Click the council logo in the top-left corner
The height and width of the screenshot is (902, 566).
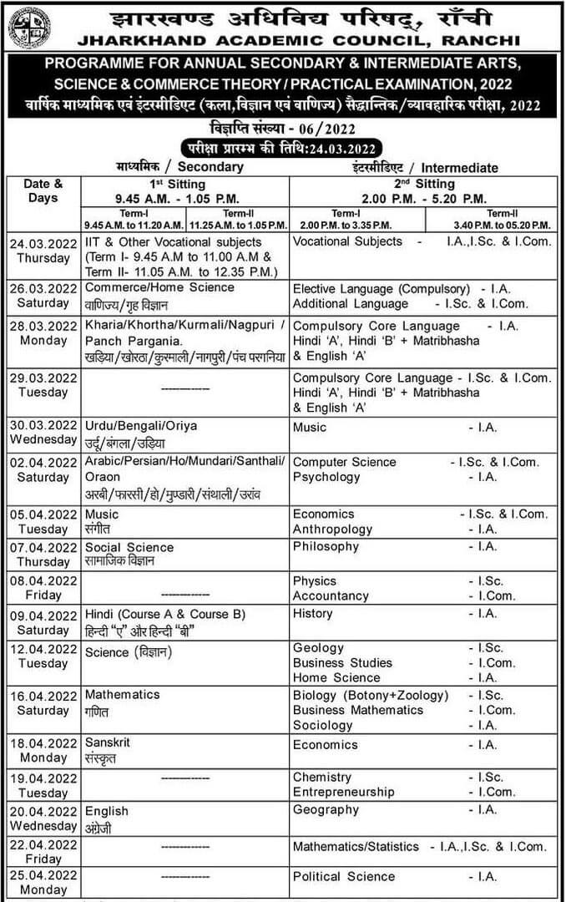(x=29, y=28)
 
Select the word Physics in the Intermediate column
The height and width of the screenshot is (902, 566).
(x=315, y=580)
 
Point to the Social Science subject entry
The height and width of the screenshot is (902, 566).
(x=129, y=548)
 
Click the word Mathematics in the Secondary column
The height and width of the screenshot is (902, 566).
(x=123, y=695)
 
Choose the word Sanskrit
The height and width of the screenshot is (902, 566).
(x=108, y=742)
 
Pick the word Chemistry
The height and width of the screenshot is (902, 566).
(x=322, y=777)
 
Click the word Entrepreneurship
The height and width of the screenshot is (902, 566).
(x=343, y=792)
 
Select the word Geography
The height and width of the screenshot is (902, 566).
(x=326, y=809)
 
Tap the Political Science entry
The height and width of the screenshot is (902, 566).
(x=344, y=876)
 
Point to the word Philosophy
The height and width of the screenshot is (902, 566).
(x=326, y=546)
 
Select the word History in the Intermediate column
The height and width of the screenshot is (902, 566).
(x=313, y=613)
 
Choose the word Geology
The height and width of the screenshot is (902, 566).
(x=318, y=648)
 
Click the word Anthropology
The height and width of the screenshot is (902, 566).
(x=333, y=529)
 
